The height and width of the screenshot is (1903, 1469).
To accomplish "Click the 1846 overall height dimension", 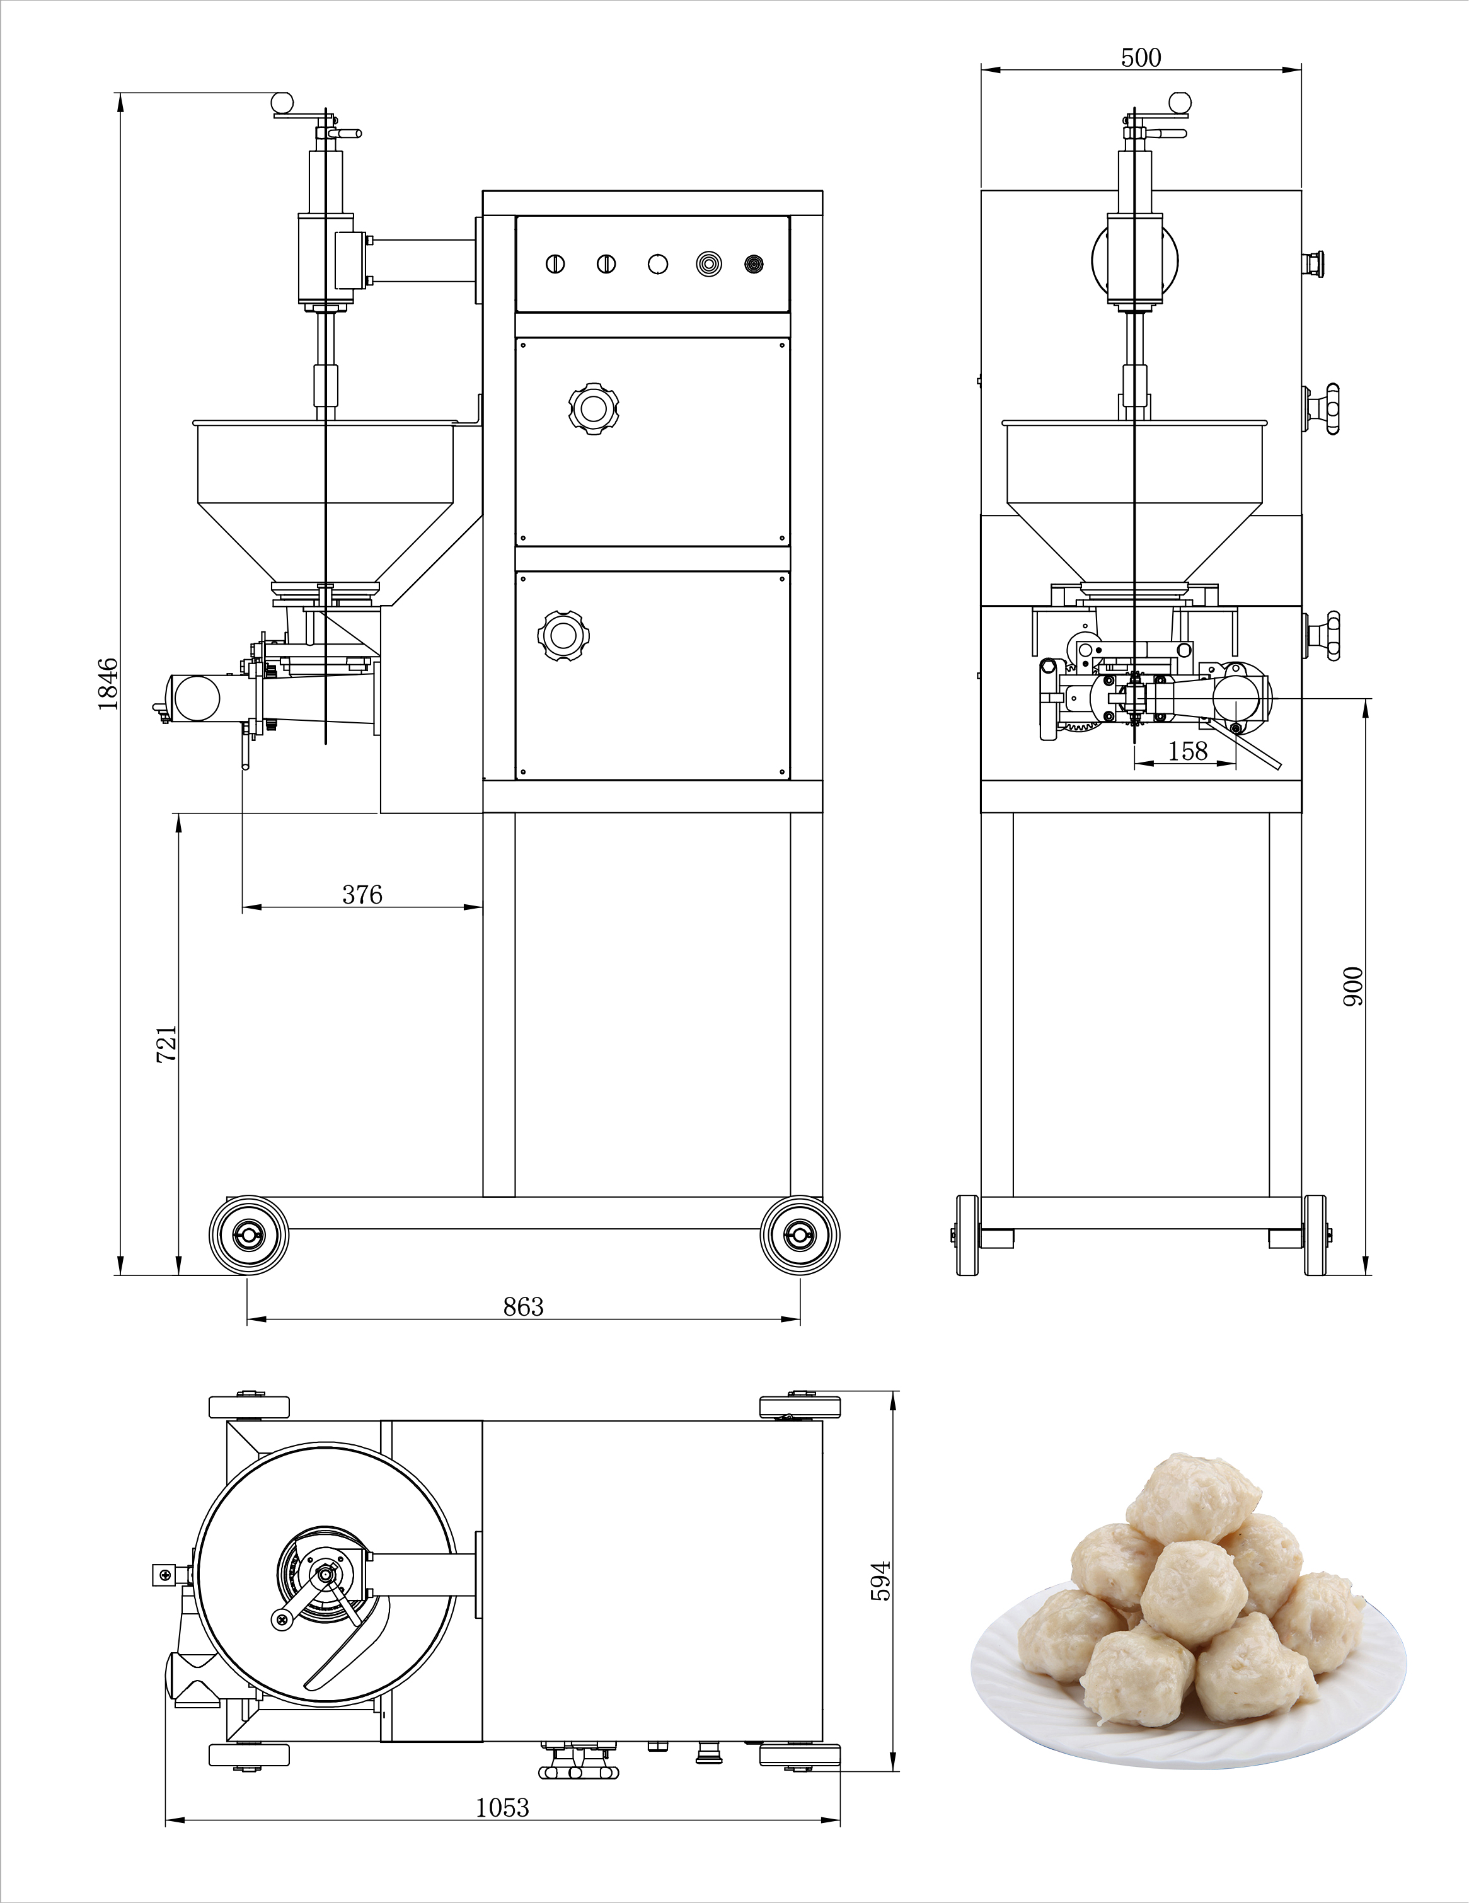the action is coord(107,684).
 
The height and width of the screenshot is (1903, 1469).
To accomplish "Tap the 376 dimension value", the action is coord(362,894).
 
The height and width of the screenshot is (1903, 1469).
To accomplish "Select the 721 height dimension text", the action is coord(166,1043).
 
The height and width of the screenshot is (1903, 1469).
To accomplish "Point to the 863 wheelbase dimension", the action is coord(523,1306).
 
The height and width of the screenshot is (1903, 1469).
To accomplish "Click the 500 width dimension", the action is coord(1141,57).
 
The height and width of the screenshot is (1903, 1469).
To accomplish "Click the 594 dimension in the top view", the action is coord(881,1580).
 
